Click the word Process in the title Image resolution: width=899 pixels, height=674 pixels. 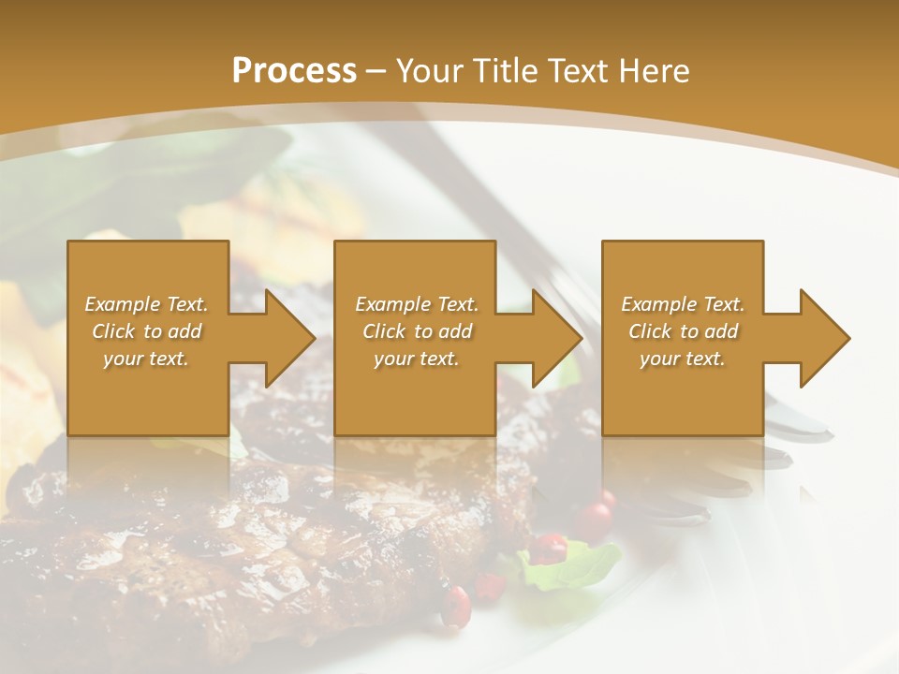click(294, 71)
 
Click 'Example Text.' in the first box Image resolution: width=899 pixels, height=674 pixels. click(146, 304)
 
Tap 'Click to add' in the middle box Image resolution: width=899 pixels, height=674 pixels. click(417, 331)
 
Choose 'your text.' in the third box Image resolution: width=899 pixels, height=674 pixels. click(683, 359)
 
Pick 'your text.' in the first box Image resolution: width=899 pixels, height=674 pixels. click(146, 359)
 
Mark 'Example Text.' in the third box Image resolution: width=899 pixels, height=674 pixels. click(683, 304)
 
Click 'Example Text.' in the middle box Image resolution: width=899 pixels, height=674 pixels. click(417, 304)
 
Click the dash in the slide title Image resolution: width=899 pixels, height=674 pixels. click(376, 71)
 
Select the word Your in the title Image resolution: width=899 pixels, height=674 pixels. click(429, 71)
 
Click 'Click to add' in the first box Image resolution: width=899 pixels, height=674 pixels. click(146, 331)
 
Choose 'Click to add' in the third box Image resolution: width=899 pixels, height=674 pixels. click(683, 331)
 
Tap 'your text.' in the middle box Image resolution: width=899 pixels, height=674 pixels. click(417, 359)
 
